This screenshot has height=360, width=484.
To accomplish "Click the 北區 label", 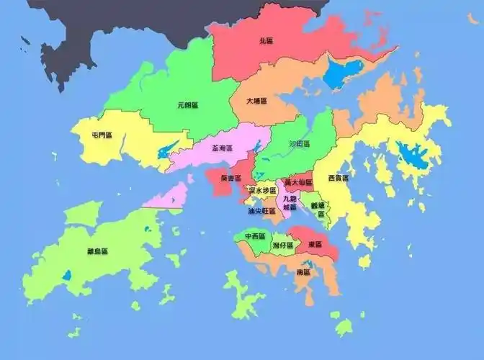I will (266, 42).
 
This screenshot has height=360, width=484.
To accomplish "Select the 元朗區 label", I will (187, 105).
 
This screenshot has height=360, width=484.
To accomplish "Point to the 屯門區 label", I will (102, 135).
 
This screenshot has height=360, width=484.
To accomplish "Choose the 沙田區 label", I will (299, 144).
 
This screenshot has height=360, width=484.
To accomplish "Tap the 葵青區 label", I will (230, 178).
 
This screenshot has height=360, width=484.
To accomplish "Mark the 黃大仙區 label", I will (297, 182).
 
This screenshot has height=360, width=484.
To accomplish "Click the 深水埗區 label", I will (263, 190).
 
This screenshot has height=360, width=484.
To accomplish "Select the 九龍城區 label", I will (290, 202).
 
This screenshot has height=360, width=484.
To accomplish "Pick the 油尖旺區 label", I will (261, 212).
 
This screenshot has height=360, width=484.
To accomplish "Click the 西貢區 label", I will (338, 178).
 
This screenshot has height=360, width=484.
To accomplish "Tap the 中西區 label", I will (254, 236).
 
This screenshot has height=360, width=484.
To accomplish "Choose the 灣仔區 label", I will (282, 246).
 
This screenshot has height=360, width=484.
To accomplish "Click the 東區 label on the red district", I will (314, 245).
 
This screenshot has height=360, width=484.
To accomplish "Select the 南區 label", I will (302, 274).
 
